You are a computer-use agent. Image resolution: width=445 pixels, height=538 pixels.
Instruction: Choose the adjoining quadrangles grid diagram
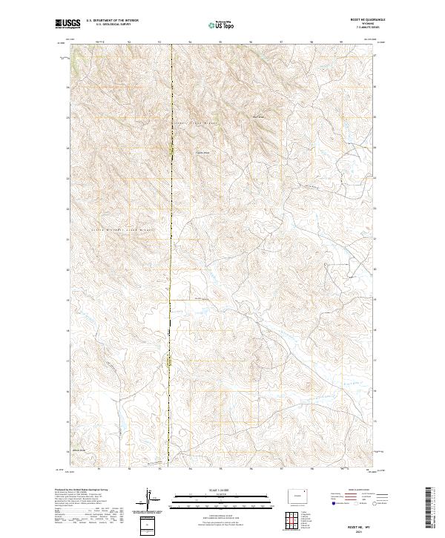pyautogui.click(x=294, y=519)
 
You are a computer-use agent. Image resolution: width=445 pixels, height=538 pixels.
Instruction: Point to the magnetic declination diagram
pyautogui.click(x=146, y=499)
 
